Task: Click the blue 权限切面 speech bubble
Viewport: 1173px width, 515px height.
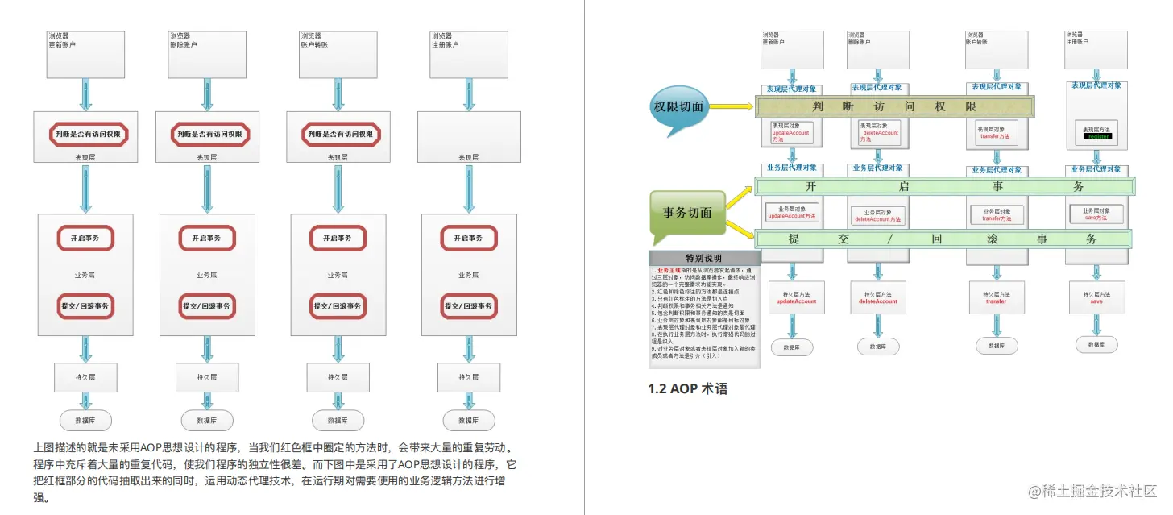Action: (x=678, y=106)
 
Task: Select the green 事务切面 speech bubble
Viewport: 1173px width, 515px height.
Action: (x=686, y=213)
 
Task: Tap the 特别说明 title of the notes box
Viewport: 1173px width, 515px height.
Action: (x=703, y=258)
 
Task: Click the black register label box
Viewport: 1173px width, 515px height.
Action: (x=1098, y=136)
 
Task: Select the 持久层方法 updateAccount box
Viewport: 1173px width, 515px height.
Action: (x=795, y=297)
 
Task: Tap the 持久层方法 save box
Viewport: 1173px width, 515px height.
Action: (x=1096, y=297)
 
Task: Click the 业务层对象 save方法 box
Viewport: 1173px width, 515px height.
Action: (x=1096, y=214)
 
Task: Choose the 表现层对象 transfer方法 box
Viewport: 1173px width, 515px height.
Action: (x=995, y=133)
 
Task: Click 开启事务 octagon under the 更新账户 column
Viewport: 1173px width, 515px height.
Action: (x=85, y=239)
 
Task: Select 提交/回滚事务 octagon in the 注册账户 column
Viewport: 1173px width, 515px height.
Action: (x=469, y=306)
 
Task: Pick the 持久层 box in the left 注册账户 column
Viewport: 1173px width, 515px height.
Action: (x=464, y=377)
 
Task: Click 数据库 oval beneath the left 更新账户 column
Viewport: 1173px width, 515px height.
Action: (x=85, y=420)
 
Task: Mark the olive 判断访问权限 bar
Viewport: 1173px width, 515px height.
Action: (x=894, y=106)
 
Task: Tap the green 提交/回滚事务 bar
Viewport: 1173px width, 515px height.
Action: (x=943, y=239)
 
